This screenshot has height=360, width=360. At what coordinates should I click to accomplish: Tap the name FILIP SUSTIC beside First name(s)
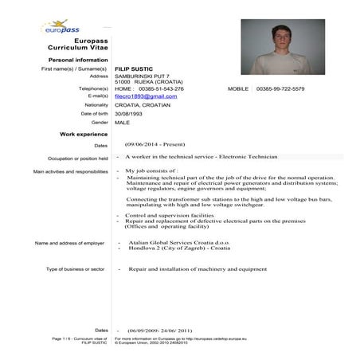point(136,69)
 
